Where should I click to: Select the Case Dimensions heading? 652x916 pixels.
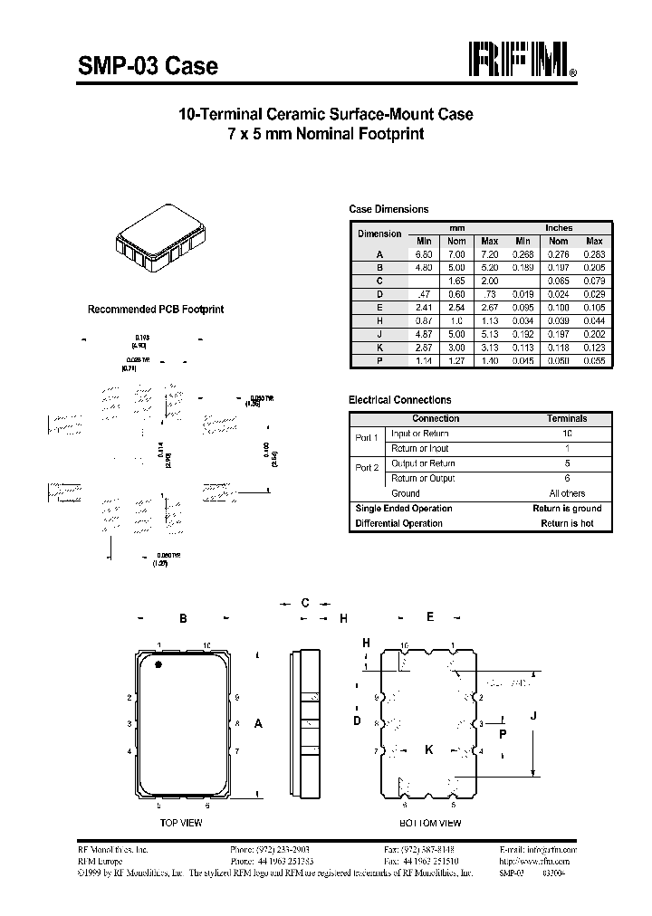(x=388, y=209)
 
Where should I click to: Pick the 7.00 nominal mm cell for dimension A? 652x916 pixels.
(x=456, y=255)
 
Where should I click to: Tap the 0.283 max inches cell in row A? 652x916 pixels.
(x=594, y=255)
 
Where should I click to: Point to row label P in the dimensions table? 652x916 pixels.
(x=379, y=360)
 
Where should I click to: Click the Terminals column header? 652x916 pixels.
(x=567, y=419)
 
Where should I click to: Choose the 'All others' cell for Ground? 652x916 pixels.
(x=567, y=493)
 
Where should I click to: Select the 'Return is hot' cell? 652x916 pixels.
(x=567, y=523)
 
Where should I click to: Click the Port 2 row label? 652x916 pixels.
(x=367, y=468)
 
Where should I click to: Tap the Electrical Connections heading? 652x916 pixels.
(x=399, y=399)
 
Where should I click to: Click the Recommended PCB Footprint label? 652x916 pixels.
(x=155, y=310)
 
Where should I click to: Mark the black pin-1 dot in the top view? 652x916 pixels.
(x=159, y=666)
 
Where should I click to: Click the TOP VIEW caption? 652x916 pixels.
(x=180, y=823)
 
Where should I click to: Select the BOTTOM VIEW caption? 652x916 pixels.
(x=430, y=823)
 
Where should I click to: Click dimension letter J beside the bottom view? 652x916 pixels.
(x=533, y=715)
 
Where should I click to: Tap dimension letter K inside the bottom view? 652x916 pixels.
(x=429, y=749)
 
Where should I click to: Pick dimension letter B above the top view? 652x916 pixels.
(x=183, y=619)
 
